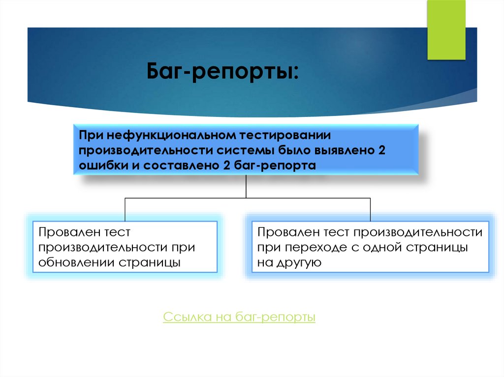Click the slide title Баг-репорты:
(x=222, y=73)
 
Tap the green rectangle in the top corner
(x=446, y=30)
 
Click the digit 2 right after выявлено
(x=381, y=150)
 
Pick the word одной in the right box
(x=382, y=247)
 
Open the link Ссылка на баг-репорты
(x=239, y=318)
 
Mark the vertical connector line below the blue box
(x=246, y=187)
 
